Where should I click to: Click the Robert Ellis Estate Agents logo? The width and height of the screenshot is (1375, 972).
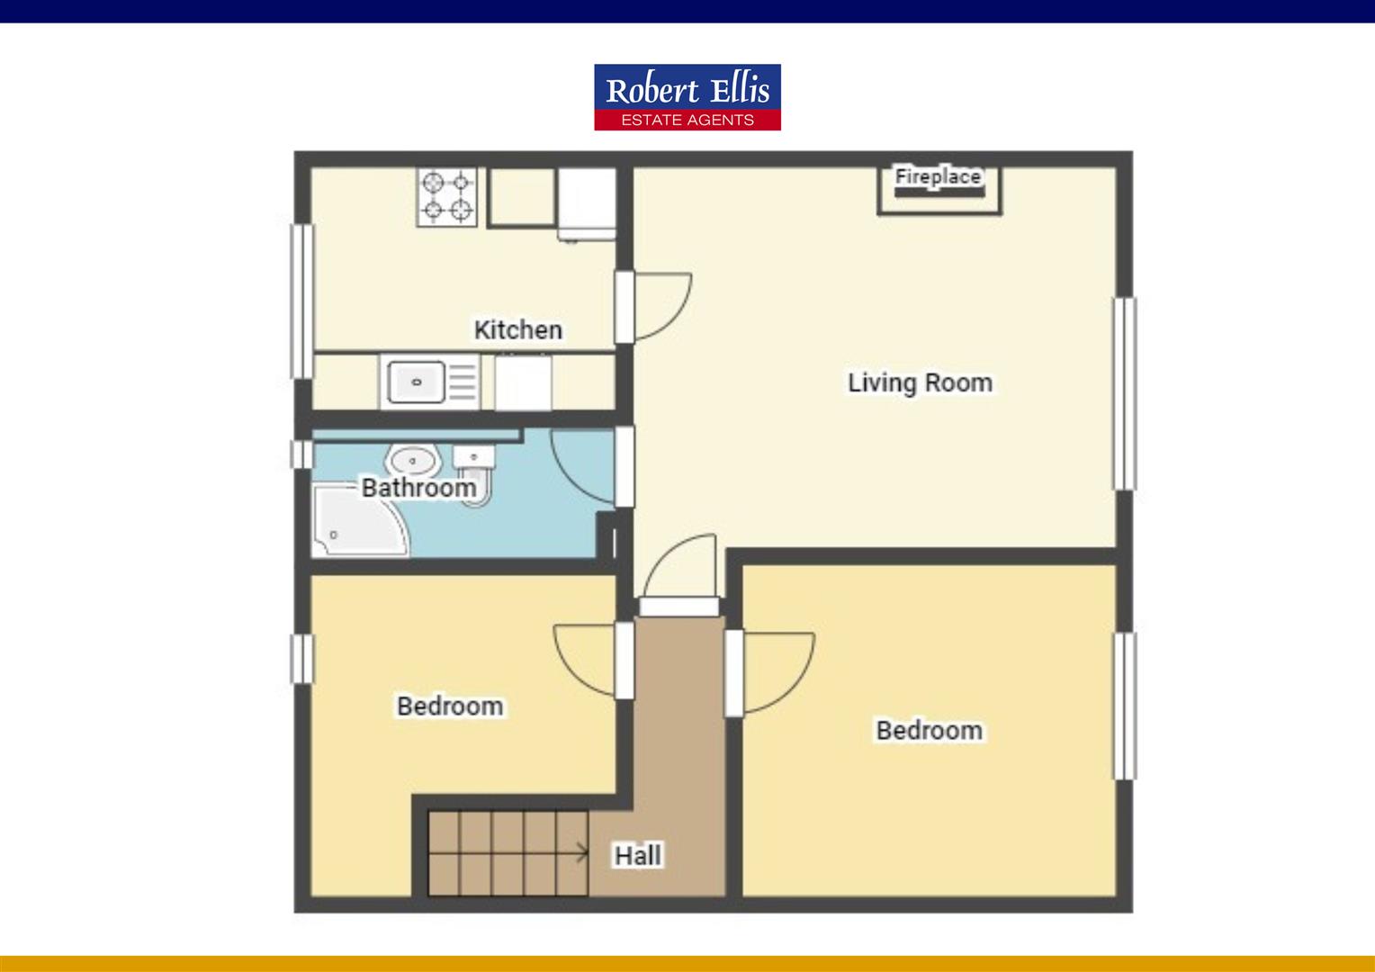click(x=687, y=97)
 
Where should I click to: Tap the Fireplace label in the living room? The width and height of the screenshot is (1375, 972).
click(x=938, y=176)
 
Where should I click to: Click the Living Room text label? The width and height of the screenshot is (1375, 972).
click(x=919, y=382)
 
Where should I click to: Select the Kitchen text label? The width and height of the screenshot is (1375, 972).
click(x=517, y=330)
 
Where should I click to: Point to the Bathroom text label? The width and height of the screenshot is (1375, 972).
click(x=418, y=488)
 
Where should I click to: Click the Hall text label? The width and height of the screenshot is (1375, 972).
click(x=638, y=855)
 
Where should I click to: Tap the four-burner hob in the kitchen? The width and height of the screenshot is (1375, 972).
click(x=447, y=197)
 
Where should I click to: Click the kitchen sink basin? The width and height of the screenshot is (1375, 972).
click(x=416, y=382)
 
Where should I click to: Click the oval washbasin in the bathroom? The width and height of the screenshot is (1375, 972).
click(x=413, y=462)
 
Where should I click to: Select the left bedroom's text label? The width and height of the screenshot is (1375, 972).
click(x=450, y=706)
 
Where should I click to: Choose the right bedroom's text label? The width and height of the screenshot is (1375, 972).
click(x=929, y=730)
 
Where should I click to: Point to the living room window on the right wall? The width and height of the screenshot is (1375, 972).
click(x=1124, y=393)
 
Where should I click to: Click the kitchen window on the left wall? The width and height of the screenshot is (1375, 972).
click(x=301, y=301)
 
